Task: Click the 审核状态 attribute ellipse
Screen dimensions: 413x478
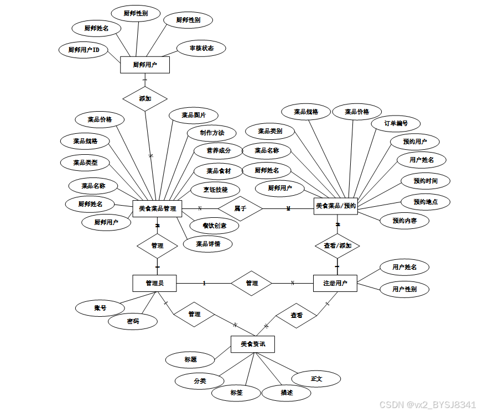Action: pos(200,48)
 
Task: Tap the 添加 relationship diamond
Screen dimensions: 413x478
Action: pos(145,99)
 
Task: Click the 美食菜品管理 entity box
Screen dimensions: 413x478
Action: pos(157,208)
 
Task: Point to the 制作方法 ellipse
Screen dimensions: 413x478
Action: pos(212,133)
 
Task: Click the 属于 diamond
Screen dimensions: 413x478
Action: pos(240,208)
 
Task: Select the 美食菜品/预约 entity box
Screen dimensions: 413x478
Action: pos(336,206)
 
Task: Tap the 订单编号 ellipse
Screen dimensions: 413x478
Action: pos(396,123)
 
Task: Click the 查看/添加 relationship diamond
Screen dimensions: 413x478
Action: pos(337,245)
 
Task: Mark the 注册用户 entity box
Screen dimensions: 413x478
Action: pos(335,284)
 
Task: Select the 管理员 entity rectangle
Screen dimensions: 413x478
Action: pos(154,284)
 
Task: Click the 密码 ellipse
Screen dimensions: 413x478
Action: pos(133,321)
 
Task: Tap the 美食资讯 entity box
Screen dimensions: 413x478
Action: pos(253,344)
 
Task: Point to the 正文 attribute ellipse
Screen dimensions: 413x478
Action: pos(316,379)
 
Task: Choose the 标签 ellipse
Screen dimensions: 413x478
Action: pos(237,393)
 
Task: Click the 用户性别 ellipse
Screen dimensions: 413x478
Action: pos(404,289)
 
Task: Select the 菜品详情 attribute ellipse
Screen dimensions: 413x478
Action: pos(208,244)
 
